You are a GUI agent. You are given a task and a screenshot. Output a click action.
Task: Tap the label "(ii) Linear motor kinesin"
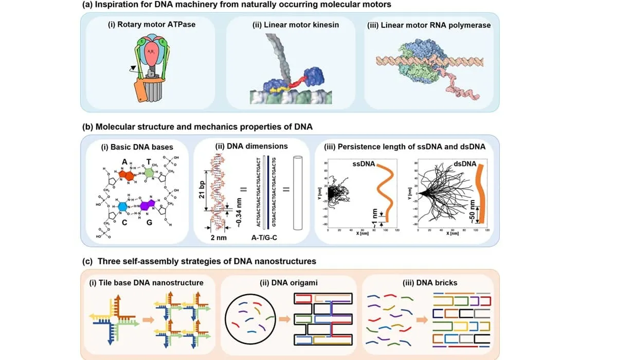point(292,24)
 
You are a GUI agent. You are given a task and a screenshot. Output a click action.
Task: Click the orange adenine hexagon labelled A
point(125,175)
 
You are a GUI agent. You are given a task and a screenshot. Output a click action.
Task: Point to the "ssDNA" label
point(362,164)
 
